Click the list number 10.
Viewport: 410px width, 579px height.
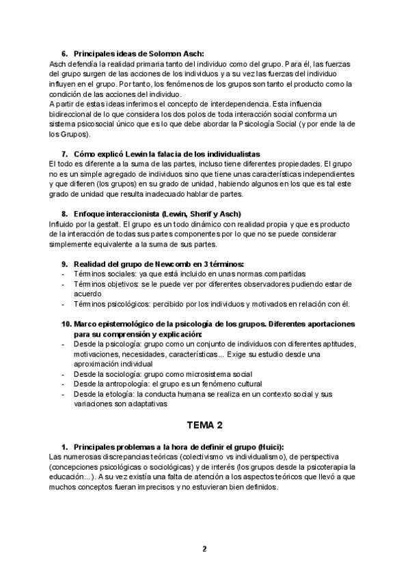pos(66,324)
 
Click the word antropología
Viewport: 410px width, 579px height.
pos(132,384)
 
